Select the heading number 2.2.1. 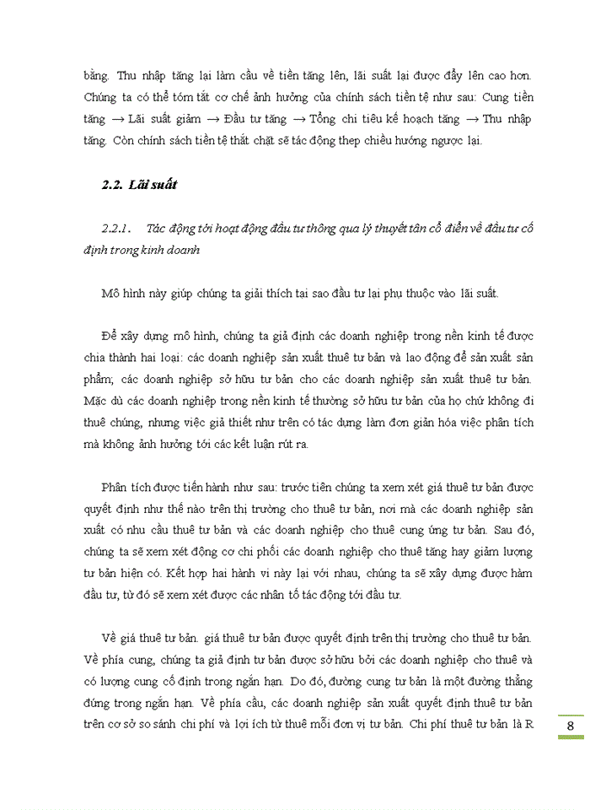coord(117,228)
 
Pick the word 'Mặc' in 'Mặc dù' coord(99,400)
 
